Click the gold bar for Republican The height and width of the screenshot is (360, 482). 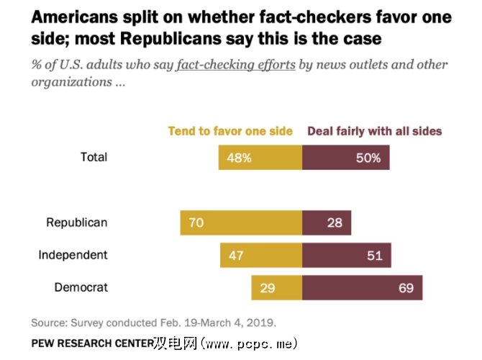pos(241,223)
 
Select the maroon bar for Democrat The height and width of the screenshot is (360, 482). pos(362,288)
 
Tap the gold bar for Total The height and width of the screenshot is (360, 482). pos(260,158)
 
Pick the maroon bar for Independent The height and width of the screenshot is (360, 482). pos(347,255)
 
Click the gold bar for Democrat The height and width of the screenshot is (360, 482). pos(276,288)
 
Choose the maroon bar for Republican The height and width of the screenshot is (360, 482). pos(327,223)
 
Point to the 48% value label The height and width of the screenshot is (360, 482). pos(239,158)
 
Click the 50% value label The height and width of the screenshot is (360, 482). pos(368,158)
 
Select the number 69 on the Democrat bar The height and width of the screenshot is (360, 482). pos(406,288)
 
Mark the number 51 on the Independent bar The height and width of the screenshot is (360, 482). pos(375,255)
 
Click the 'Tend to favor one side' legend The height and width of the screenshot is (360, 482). pos(230,131)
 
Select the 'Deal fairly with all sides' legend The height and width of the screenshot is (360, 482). pos(375,131)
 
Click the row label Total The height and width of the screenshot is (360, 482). pos(94,157)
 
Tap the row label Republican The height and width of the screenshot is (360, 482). pos(77,222)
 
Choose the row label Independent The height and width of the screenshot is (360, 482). pos(73,255)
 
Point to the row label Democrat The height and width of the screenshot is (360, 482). pos(81,288)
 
